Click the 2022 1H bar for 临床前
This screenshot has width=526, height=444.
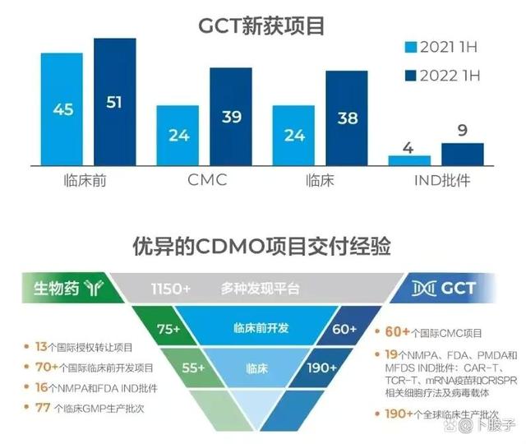(x=115, y=102)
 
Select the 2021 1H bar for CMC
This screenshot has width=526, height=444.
(x=178, y=136)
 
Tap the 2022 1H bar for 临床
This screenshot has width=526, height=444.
(x=347, y=118)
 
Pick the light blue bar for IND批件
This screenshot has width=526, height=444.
(x=409, y=160)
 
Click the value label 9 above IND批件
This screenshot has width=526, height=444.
(x=463, y=130)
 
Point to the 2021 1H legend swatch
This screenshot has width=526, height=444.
(x=411, y=47)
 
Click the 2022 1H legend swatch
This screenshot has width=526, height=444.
(x=411, y=76)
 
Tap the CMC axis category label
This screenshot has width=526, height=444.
(x=207, y=180)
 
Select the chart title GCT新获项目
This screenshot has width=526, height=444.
(x=261, y=25)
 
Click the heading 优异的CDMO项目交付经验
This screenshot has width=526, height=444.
(x=262, y=246)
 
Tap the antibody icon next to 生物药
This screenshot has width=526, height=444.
(x=94, y=288)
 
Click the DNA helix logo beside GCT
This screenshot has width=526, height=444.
(x=424, y=289)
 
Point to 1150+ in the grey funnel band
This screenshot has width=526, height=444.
(x=171, y=289)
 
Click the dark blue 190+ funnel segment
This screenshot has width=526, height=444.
(x=321, y=368)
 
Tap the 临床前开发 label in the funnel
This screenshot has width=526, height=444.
(x=261, y=328)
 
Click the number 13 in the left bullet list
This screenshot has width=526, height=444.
(x=41, y=347)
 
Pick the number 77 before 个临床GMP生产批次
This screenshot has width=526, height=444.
(x=43, y=408)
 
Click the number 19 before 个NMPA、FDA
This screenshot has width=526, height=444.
(x=391, y=354)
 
